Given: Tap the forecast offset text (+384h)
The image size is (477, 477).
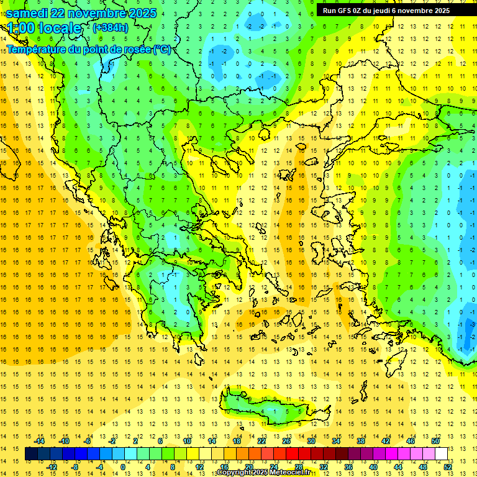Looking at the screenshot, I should coord(111,27).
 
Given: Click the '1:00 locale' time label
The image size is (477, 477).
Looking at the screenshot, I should coord(44,28).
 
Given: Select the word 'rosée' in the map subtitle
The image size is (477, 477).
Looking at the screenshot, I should coord(135,49).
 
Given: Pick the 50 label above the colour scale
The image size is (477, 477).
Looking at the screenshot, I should coord(435,441).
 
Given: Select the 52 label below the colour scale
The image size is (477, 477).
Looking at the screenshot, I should coord(448,466).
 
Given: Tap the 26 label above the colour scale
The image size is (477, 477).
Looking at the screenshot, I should coord(286,441).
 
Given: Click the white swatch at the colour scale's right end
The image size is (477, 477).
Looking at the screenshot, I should coord(441,453).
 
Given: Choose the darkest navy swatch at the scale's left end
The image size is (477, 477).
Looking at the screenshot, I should coord(31,453).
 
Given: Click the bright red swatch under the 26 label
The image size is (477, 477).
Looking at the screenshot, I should coord(292,453).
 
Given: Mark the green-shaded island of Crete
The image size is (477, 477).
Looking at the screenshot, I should coord(273,410).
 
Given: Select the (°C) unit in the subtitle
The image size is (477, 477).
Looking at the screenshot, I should coord(163,49).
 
